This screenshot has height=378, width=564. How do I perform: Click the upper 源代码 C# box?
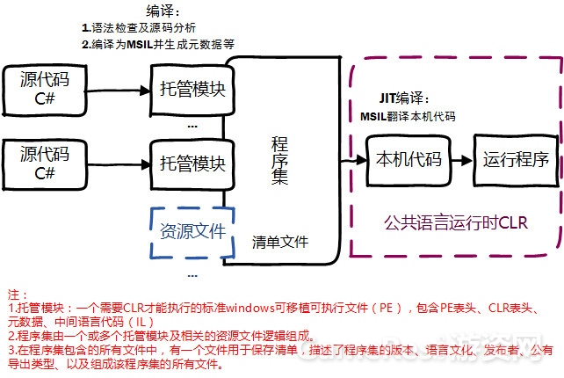click(x=45, y=89)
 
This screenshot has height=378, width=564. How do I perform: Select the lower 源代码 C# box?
click(x=45, y=162)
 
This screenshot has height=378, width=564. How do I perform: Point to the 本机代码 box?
click(x=408, y=161)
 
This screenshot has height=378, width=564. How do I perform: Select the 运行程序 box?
click(x=516, y=161)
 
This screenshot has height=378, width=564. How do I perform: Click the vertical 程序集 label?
click(x=280, y=160)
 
